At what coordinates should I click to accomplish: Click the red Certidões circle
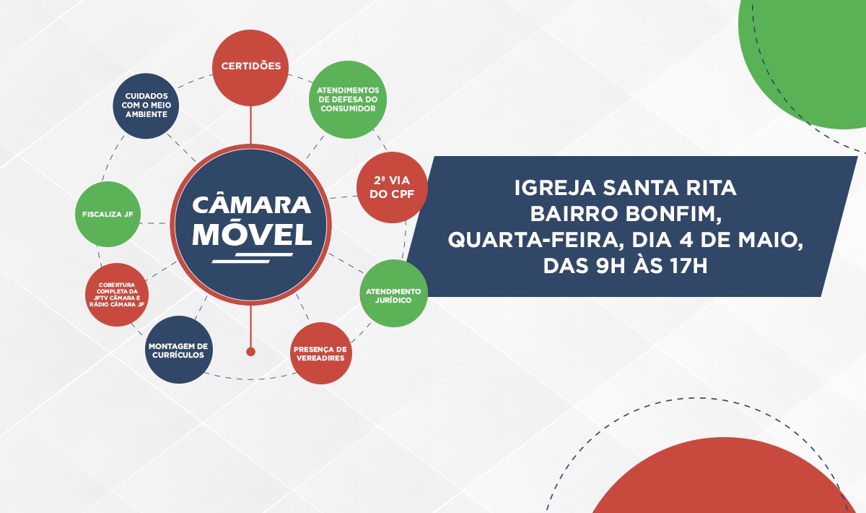pos(250,66)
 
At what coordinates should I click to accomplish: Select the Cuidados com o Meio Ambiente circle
pos(146,105)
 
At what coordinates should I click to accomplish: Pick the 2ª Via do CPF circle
pos(392,187)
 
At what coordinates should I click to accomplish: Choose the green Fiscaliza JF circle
pos(108,215)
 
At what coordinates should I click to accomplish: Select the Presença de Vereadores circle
pos(320,353)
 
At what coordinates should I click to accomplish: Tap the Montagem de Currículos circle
pos(178,350)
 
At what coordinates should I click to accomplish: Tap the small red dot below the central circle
pos(250,352)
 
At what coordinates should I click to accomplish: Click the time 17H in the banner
pos(683,266)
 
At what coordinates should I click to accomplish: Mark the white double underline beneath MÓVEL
pos(252,256)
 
